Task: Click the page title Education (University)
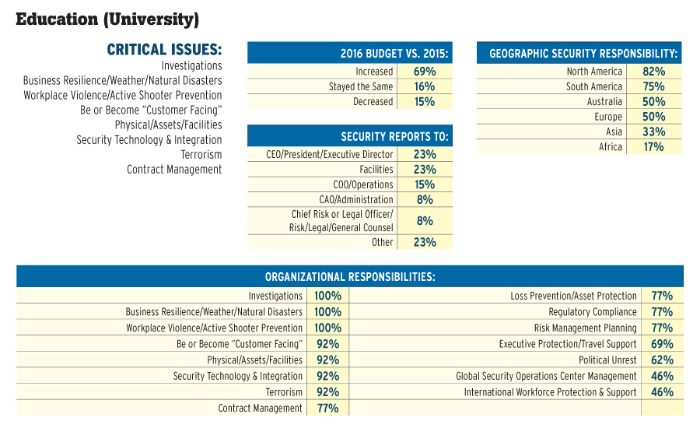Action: click(107, 18)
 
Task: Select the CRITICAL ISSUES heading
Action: click(164, 50)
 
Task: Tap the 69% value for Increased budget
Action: click(425, 72)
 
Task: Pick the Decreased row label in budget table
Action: click(373, 102)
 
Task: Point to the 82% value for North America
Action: click(653, 72)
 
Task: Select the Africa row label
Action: click(611, 147)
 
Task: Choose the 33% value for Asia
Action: click(653, 132)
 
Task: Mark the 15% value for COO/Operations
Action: click(425, 184)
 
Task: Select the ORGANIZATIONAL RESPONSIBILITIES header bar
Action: click(349, 276)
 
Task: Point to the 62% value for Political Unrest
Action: click(662, 360)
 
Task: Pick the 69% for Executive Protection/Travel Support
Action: click(662, 344)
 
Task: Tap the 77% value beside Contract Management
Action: click(327, 409)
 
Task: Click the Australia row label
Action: click(604, 102)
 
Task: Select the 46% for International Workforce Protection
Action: click(662, 392)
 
